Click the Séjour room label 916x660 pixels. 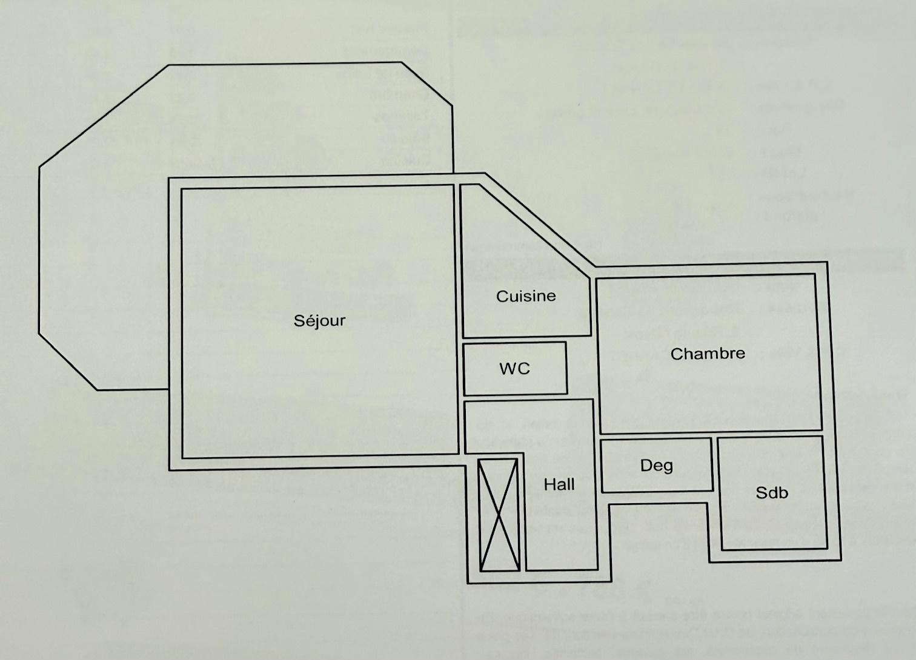click(319, 320)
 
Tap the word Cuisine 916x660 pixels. click(526, 296)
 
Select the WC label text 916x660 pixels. click(514, 368)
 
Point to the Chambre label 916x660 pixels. click(708, 354)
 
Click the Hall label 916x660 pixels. click(559, 484)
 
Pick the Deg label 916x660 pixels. click(657, 466)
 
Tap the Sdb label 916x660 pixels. click(772, 493)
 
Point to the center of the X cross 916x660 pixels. click(499, 515)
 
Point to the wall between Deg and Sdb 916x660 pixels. click(715, 465)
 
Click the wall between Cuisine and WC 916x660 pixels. click(515, 340)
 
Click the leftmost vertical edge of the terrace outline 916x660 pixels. click(39, 248)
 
